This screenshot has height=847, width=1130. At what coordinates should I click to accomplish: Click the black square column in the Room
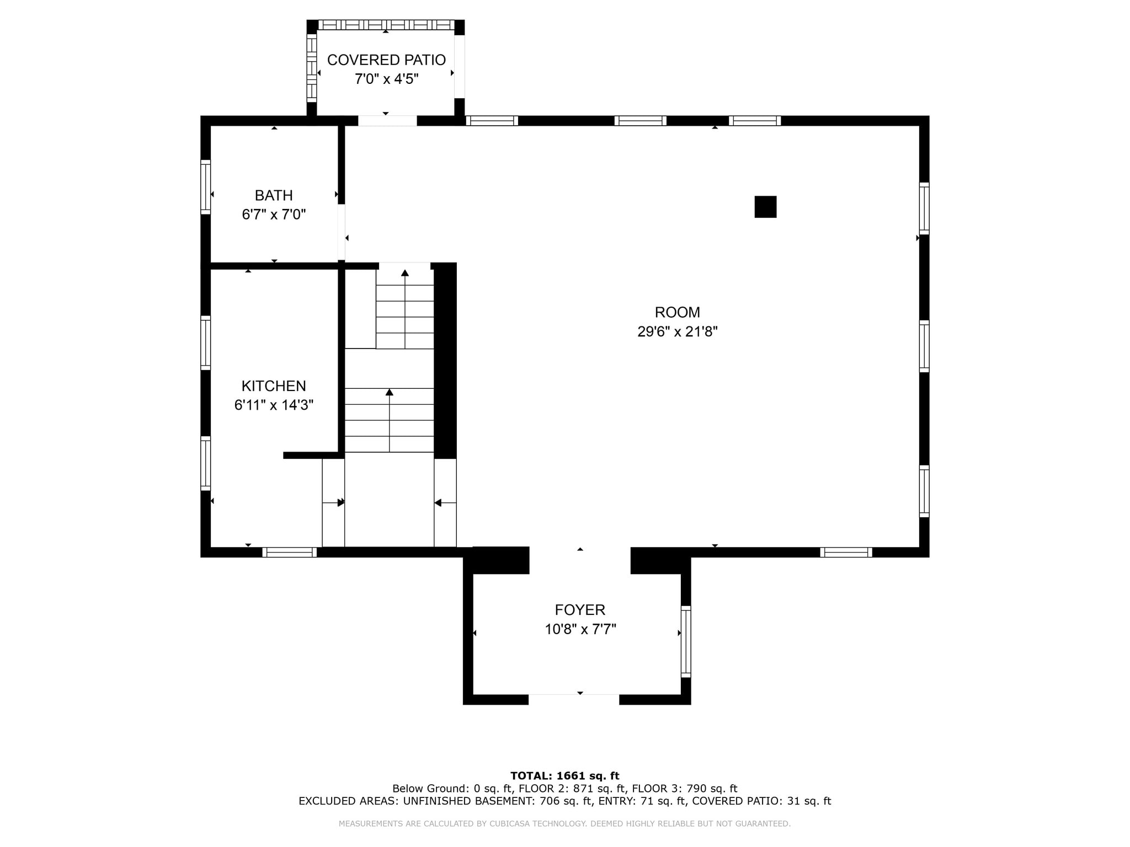[765, 207]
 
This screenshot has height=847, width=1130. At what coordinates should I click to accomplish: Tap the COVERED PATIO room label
[386, 60]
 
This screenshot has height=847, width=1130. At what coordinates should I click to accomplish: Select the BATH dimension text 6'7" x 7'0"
[274, 215]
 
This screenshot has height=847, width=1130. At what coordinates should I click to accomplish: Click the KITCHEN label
[274, 386]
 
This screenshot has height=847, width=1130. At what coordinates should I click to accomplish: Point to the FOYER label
[580, 610]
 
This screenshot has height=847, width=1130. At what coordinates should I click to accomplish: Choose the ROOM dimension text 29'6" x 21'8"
[677, 331]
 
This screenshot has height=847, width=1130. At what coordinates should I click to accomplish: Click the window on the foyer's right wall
[686, 641]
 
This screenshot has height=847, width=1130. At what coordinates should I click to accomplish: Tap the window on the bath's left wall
[205, 187]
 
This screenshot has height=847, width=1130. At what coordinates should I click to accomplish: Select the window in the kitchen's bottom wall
[289, 552]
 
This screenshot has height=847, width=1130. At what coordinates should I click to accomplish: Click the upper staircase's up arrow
[405, 273]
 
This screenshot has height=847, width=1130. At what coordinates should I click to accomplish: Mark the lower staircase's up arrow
[390, 392]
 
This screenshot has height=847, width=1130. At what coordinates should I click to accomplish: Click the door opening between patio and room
[387, 121]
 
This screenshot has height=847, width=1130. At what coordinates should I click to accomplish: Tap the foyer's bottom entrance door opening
[574, 699]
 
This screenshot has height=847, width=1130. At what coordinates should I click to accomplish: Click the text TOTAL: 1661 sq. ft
[564, 776]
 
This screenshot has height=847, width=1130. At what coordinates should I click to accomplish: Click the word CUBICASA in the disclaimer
[510, 824]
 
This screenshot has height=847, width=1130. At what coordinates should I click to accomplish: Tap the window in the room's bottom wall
[846, 552]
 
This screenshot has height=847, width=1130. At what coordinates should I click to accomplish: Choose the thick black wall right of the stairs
[445, 361]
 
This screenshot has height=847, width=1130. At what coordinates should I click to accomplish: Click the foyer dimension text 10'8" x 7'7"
[580, 629]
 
